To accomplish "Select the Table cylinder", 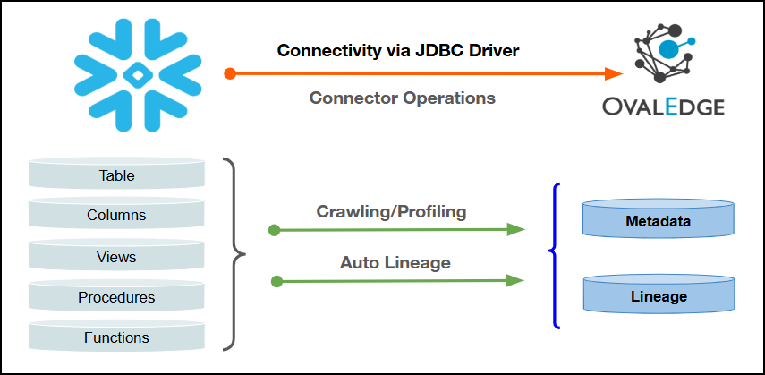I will [x=116, y=175].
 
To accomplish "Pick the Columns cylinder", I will [x=116, y=216].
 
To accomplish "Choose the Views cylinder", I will [x=116, y=257].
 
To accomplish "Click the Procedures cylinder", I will [x=116, y=297].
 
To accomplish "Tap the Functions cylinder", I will [x=116, y=337].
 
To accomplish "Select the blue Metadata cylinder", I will [x=659, y=220].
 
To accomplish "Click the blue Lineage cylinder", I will [x=659, y=296].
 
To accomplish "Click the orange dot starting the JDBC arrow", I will [x=230, y=73].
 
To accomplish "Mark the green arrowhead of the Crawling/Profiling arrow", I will [x=514, y=230].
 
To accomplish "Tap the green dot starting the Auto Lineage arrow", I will [x=276, y=281].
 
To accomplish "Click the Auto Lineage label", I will [x=395, y=263].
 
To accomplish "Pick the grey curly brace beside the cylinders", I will [x=236, y=254].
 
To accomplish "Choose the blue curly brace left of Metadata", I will [x=555, y=255].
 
